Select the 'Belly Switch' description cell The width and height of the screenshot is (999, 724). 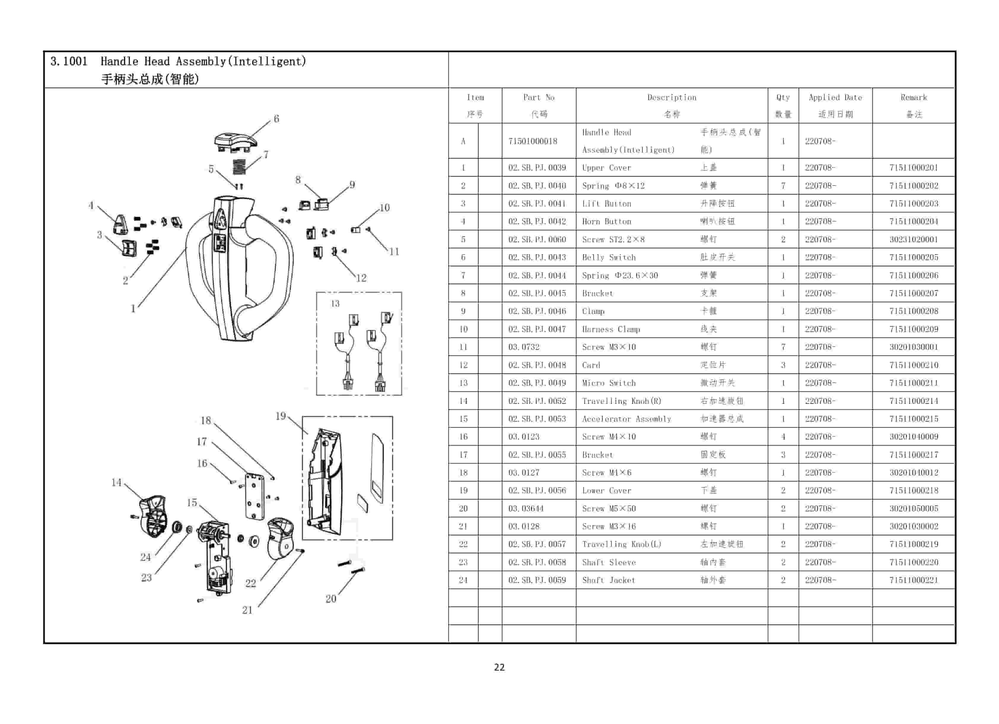coord(609,257)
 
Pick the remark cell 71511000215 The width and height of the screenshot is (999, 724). coord(914,419)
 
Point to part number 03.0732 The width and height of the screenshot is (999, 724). coord(524,347)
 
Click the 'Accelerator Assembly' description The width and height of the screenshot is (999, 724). coord(626,419)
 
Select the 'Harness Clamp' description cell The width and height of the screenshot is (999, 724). coord(611,329)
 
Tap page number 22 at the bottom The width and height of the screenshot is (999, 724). coord(499,667)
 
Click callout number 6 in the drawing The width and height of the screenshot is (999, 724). coord(276,118)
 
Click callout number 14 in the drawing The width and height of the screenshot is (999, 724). coord(116,482)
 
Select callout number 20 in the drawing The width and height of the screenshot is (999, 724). coord(331,599)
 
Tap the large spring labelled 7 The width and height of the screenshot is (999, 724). coord(239,167)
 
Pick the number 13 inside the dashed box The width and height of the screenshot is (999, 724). coord(335,303)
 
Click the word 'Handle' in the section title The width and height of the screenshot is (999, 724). coord(119,61)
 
